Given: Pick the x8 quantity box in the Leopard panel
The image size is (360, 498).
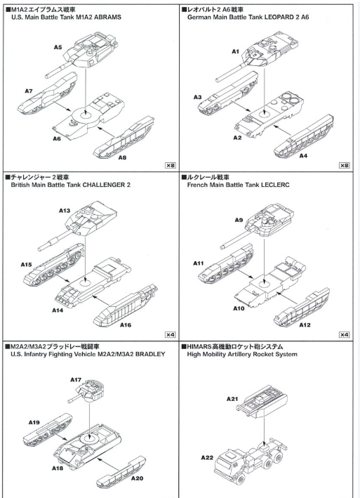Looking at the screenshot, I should click(x=344, y=165).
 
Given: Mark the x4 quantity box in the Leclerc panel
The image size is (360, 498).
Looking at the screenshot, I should click(x=344, y=334).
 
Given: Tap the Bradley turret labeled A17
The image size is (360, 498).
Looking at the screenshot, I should click(x=95, y=388).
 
